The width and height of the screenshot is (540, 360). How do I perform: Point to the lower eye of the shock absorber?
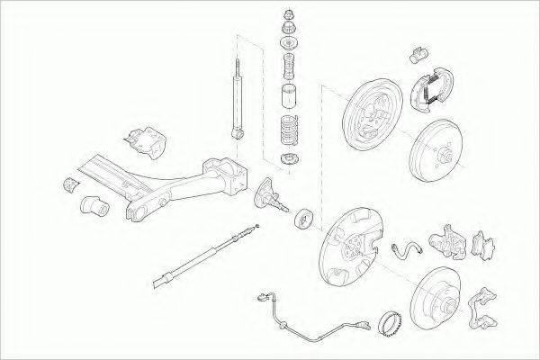pos(238,132)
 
